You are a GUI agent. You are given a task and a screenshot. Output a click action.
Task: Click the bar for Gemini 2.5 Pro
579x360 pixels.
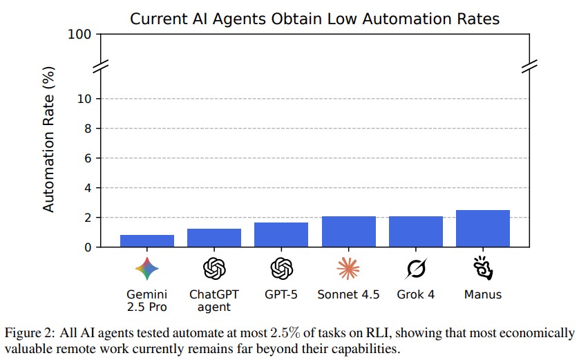[x=147, y=240]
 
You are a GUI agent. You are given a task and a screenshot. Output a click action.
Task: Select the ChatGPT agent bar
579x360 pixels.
[x=214, y=238]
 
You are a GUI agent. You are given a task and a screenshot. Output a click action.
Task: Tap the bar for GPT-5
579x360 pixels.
[x=281, y=234]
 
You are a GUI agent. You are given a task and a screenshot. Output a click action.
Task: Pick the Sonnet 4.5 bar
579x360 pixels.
[x=348, y=231]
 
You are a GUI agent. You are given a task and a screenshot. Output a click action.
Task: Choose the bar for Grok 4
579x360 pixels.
[x=415, y=231]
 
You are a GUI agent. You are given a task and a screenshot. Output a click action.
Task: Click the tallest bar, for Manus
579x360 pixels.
[x=482, y=228]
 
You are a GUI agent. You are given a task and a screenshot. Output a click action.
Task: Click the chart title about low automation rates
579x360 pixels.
[x=314, y=19]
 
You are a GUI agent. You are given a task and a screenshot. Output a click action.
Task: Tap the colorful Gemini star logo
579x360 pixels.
[x=147, y=267]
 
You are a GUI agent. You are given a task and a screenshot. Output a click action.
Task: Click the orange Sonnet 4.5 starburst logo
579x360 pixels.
[x=348, y=267]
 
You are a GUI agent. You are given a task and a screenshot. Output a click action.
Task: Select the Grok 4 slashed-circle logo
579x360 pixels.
[x=415, y=267]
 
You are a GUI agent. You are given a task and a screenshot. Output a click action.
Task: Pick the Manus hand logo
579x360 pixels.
[x=482, y=267]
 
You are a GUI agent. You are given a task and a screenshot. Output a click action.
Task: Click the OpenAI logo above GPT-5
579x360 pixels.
[x=281, y=267]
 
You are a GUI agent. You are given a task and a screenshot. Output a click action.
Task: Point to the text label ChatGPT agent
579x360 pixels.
[x=214, y=301]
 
